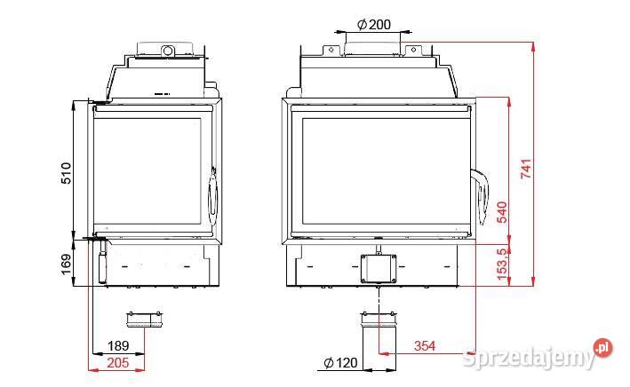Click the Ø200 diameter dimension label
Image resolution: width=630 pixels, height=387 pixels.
tap(374, 25)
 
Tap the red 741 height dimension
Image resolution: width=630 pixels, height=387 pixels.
tap(526, 169)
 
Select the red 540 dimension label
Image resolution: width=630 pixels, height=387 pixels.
tap(502, 212)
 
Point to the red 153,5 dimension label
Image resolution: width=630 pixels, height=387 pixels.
tap(502, 265)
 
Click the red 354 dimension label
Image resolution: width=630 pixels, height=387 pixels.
tap(425, 345)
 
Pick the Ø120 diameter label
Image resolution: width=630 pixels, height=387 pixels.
tap(340, 363)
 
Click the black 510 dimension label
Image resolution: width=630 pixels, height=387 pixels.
tap(66, 173)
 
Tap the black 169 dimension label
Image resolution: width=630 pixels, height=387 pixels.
tap(66, 265)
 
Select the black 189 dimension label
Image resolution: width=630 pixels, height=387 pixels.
tap(118, 345)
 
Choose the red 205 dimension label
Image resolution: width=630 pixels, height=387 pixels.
tap(118, 363)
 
